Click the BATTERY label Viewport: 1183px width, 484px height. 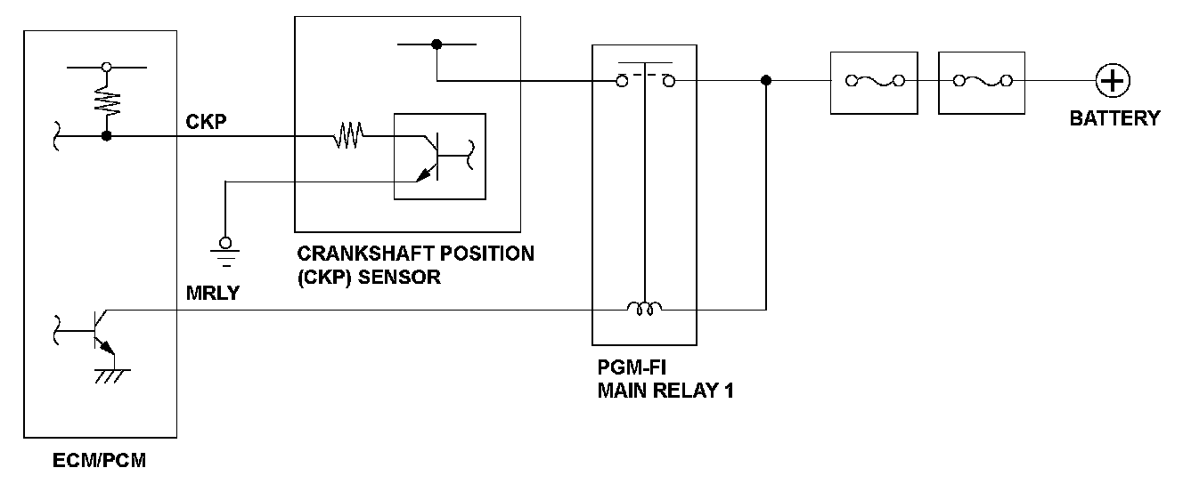(x=1114, y=117)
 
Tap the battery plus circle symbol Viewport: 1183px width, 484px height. (x=1113, y=81)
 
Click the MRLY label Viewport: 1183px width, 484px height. (x=213, y=292)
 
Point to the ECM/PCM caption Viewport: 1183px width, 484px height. (x=99, y=461)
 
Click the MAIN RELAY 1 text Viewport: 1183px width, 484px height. (x=665, y=390)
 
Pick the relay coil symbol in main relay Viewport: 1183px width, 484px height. (x=645, y=309)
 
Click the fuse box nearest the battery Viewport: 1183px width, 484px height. (x=983, y=81)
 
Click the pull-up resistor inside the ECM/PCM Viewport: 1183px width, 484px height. (x=108, y=100)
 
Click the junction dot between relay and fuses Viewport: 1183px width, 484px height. (x=766, y=81)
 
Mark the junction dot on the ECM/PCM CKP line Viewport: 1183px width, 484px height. (x=107, y=136)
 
